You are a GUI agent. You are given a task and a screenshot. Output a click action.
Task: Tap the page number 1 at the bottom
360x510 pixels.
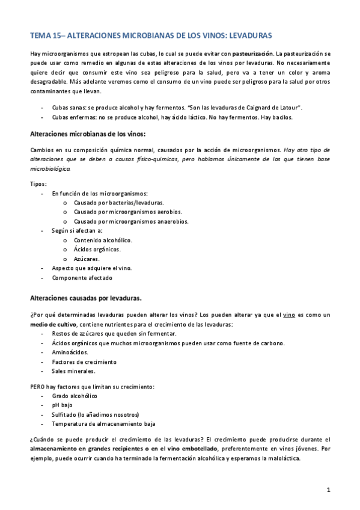point(328,490)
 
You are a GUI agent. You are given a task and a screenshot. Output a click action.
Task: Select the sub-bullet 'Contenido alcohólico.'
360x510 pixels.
point(103,240)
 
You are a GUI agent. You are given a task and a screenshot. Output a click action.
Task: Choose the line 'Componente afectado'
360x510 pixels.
point(82,278)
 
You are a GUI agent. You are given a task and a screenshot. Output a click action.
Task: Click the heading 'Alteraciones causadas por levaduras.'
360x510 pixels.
point(85,298)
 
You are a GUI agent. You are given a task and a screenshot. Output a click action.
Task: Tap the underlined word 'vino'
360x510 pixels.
point(288,315)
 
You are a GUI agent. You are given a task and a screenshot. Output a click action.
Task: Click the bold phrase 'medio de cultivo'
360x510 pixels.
point(53,324)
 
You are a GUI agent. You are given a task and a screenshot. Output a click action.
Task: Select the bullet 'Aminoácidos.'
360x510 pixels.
point(70,352)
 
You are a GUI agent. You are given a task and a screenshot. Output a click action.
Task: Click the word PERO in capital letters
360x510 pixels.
point(38,386)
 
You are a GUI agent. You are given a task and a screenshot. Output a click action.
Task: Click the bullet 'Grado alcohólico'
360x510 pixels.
point(75,396)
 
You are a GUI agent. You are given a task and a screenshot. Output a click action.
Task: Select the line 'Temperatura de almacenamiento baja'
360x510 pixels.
point(103,423)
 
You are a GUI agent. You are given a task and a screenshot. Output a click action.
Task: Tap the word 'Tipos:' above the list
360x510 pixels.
point(38,183)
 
